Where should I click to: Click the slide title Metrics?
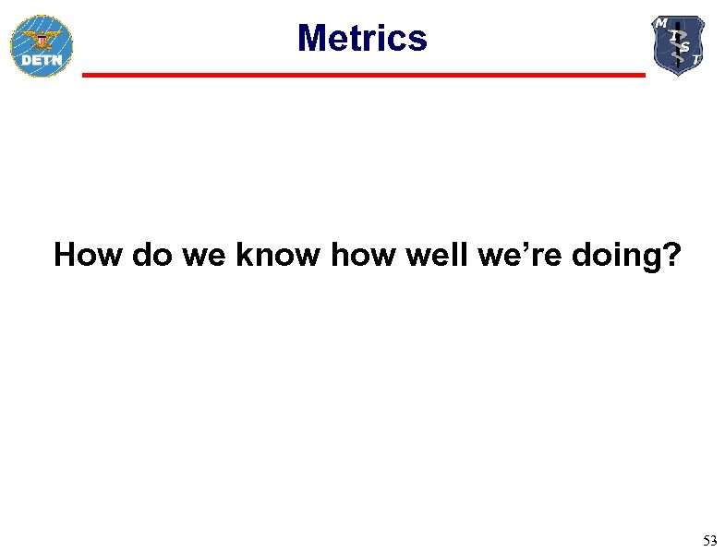click(362, 39)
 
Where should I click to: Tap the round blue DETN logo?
click(41, 45)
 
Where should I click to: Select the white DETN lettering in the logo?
click(41, 61)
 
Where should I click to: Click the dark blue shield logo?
click(678, 44)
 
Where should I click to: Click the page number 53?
click(709, 540)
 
